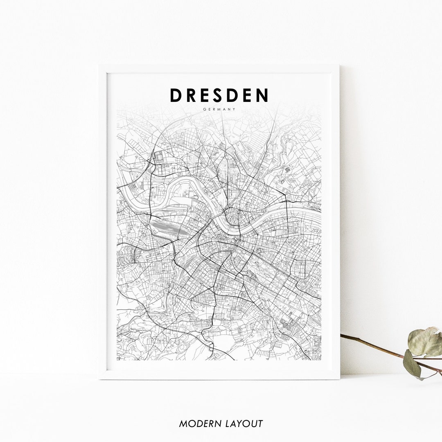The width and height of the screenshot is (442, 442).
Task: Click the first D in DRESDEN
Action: (176, 95)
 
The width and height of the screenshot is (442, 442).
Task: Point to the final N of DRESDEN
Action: (262, 95)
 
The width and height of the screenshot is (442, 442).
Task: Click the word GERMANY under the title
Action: (219, 109)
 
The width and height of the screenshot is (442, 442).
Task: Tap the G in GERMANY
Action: (204, 109)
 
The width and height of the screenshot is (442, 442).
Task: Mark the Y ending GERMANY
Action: (235, 109)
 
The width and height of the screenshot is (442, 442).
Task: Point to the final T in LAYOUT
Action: (260, 424)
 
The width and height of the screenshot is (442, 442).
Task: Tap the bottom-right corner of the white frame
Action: (339, 379)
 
